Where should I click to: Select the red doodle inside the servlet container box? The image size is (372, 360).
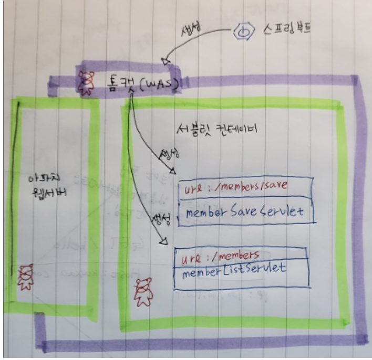pyautogui.click(x=143, y=292)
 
